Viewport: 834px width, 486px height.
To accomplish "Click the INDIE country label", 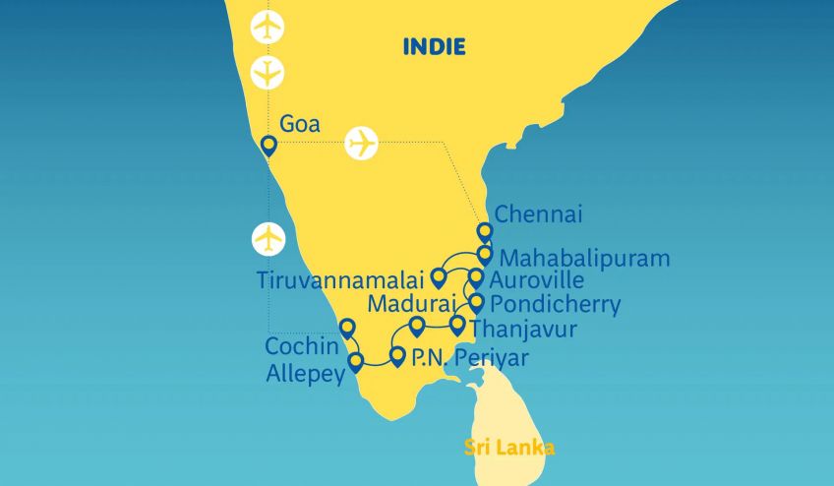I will pos(434,46).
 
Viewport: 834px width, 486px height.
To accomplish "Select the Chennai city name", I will pos(539,213).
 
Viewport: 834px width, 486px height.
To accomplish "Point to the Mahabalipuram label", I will pos(585,259).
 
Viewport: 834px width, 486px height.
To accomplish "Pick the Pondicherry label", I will pos(555,304).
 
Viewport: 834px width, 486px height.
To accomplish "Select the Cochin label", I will pos(300,346).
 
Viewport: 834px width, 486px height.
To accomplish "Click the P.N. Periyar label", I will pos(469,358).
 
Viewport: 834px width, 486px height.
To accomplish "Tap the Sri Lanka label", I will pos(509,449).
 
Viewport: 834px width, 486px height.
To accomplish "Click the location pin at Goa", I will pos(268,147).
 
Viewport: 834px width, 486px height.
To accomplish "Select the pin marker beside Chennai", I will pos(484,232).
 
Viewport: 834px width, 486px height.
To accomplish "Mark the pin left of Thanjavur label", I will pos(456,324).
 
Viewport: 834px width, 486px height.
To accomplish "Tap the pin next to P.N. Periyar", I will pos(397,355).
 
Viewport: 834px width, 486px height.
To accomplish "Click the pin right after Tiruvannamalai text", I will pos(439,277).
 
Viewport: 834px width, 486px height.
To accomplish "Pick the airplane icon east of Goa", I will pos(363,144).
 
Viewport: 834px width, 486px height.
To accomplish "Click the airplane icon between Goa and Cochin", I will pos(268,238).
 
